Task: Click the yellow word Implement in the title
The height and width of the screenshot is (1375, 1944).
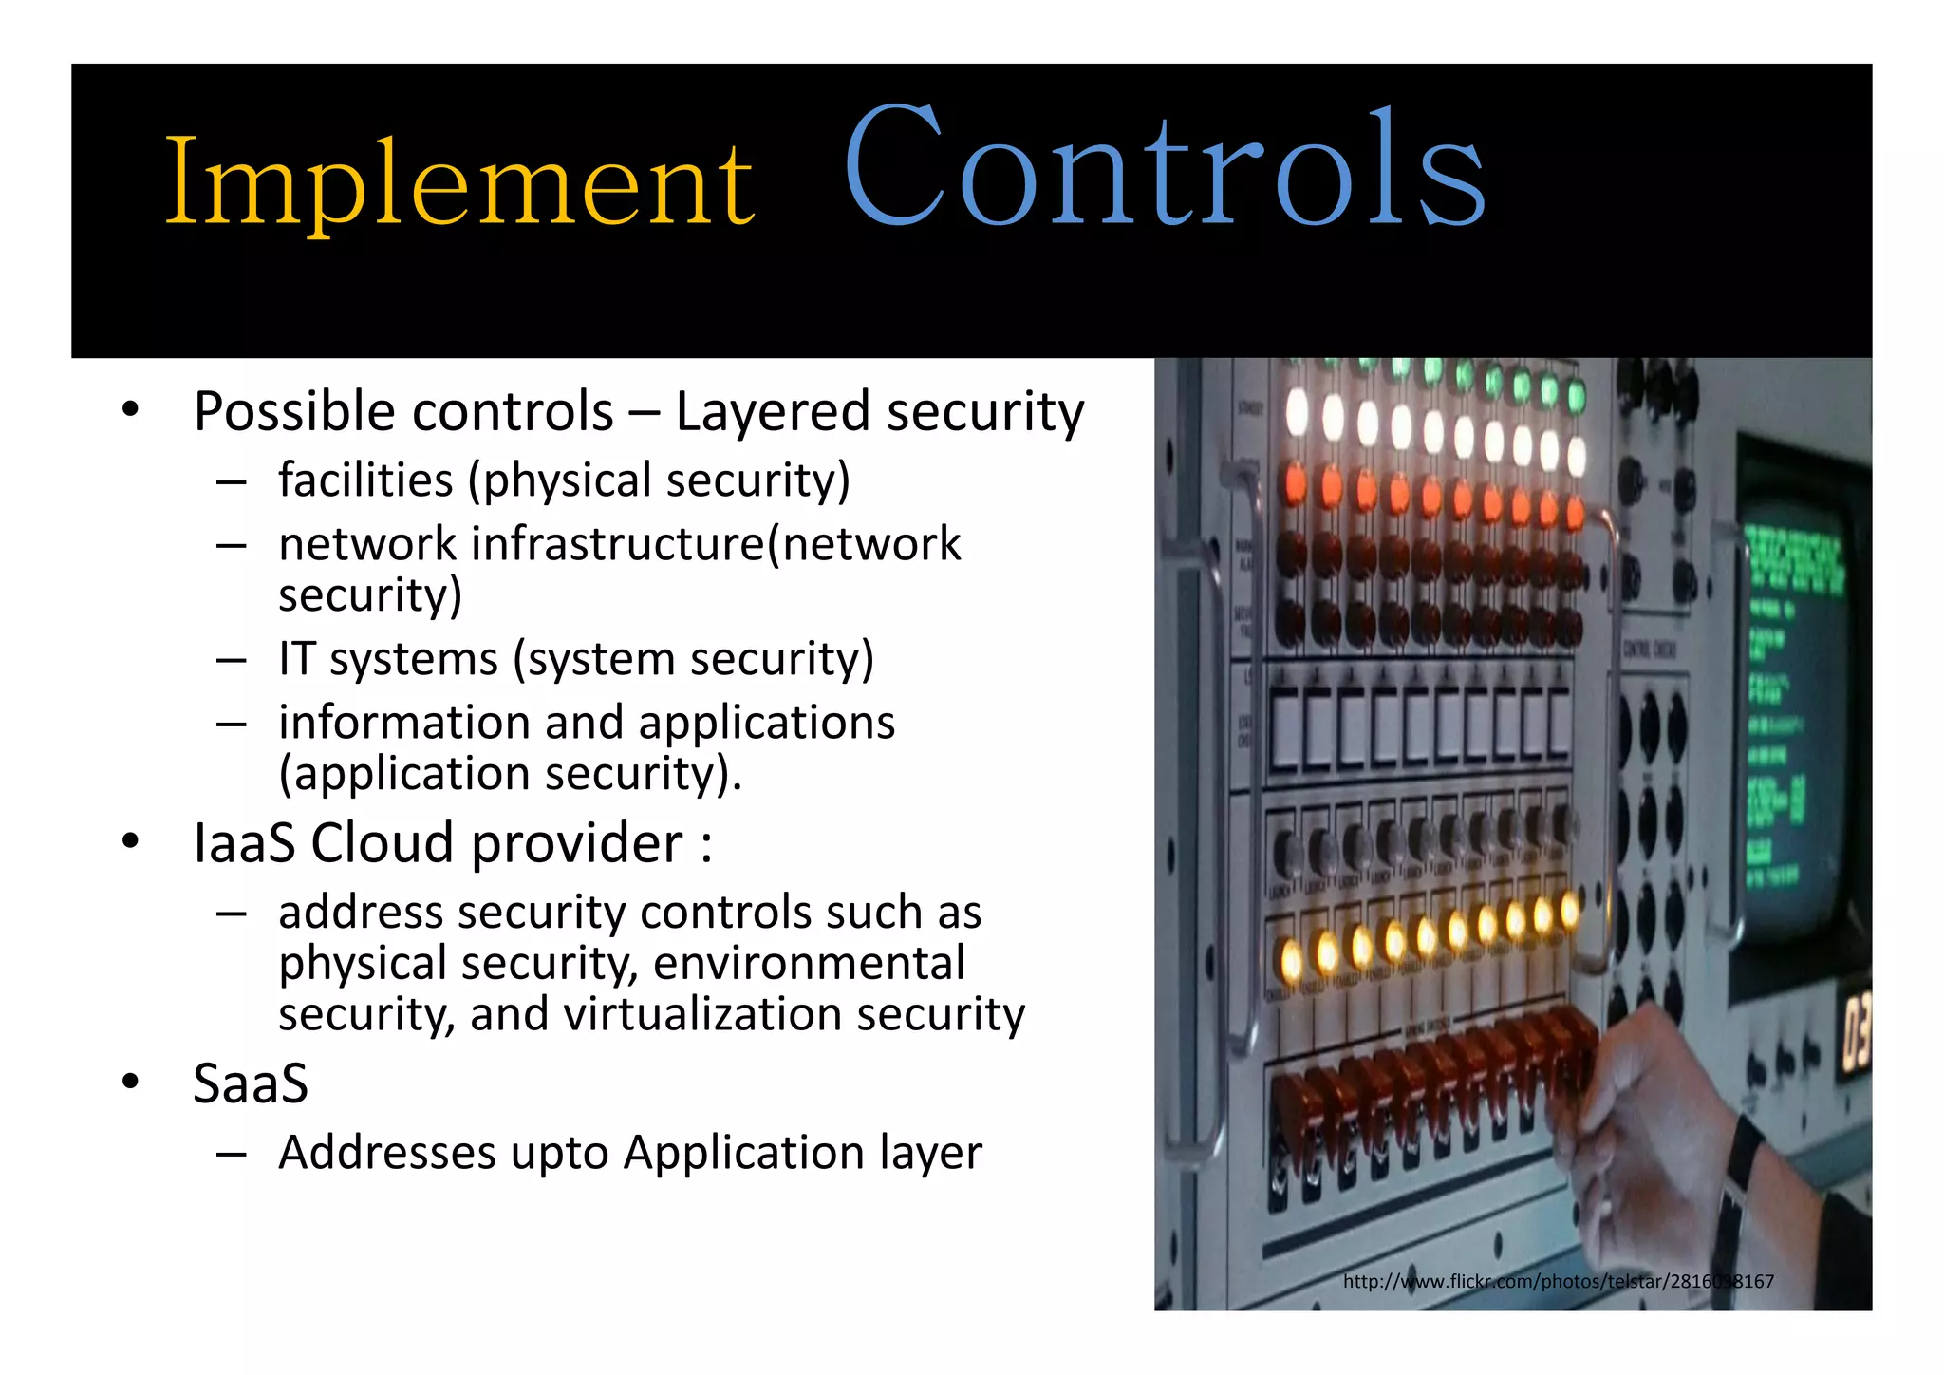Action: pos(459,182)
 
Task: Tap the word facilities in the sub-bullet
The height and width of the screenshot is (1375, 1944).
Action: pos(365,480)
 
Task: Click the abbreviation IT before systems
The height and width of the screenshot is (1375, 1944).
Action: pos(296,659)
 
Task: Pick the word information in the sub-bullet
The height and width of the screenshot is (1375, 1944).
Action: pos(403,723)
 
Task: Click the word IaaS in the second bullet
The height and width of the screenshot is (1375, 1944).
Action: pos(244,843)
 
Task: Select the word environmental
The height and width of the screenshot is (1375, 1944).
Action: pos(809,963)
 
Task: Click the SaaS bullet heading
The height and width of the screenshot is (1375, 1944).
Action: pos(251,1083)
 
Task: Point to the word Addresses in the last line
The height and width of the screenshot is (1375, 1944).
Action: pos(385,1153)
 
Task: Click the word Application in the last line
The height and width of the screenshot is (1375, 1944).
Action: pos(742,1153)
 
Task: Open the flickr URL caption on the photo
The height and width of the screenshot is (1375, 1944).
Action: pos(1558,1282)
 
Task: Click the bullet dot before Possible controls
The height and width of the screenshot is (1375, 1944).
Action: pos(130,411)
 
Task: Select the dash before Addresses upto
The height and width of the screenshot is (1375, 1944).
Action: pos(231,1154)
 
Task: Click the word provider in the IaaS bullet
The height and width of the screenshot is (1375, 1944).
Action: pos(576,843)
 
